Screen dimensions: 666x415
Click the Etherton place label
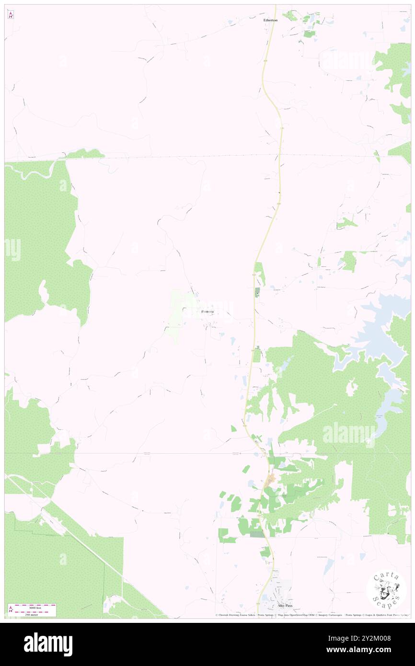point(270,21)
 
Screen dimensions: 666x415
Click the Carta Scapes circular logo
point(386,590)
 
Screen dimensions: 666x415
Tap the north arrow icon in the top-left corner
point(11,14)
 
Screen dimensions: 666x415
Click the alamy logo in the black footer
point(48,644)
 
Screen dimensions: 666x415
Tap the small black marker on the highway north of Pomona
point(279,193)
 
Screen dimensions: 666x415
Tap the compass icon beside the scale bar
point(11,610)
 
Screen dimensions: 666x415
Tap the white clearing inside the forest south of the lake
point(353,387)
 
